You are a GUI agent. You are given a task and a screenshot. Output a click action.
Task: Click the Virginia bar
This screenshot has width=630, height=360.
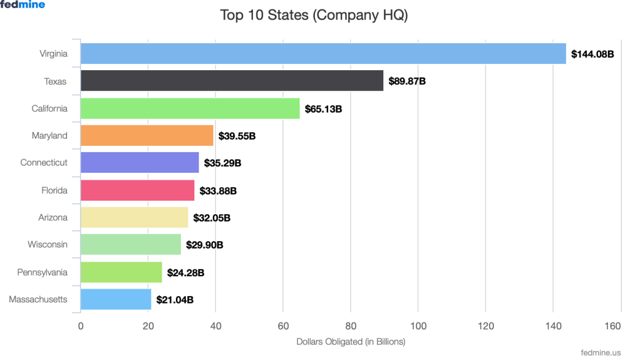click(323, 54)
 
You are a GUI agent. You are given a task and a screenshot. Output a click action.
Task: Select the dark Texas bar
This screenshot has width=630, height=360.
click(232, 81)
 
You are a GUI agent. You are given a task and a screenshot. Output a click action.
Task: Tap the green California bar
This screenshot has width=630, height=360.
click(190, 108)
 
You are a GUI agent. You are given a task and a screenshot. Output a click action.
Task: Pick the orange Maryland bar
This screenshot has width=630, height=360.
click(147, 135)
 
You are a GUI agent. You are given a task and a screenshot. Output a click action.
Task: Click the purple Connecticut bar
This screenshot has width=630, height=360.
click(140, 162)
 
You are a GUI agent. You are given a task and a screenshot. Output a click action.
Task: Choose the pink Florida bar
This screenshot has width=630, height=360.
click(137, 190)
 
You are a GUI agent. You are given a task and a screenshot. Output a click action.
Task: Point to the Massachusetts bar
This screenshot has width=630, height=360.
click(116, 299)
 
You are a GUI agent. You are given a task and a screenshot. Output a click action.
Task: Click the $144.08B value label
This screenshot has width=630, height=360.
click(592, 54)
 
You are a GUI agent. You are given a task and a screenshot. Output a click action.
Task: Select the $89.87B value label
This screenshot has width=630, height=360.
click(407, 81)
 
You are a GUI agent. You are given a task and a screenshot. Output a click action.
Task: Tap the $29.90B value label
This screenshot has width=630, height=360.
click(204, 245)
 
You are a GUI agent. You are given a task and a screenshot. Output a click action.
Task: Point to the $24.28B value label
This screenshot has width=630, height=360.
click(186, 272)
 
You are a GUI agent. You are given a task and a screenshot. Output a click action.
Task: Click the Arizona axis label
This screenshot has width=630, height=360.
click(52, 217)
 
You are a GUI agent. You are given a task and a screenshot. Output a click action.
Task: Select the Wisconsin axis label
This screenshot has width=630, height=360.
click(47, 244)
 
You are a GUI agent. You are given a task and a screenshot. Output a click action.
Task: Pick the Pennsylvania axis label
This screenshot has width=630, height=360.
click(42, 272)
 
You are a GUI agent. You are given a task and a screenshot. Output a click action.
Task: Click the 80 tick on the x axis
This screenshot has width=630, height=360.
click(351, 326)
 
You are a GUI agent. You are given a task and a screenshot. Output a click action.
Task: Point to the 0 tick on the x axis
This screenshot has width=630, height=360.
click(81, 326)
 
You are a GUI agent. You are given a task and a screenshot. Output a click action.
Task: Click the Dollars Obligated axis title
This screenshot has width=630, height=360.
click(351, 341)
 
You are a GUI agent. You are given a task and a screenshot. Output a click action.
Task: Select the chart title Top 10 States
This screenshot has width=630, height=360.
click(314, 15)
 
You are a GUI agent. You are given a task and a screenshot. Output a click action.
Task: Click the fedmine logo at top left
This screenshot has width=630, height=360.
click(23, 4)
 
